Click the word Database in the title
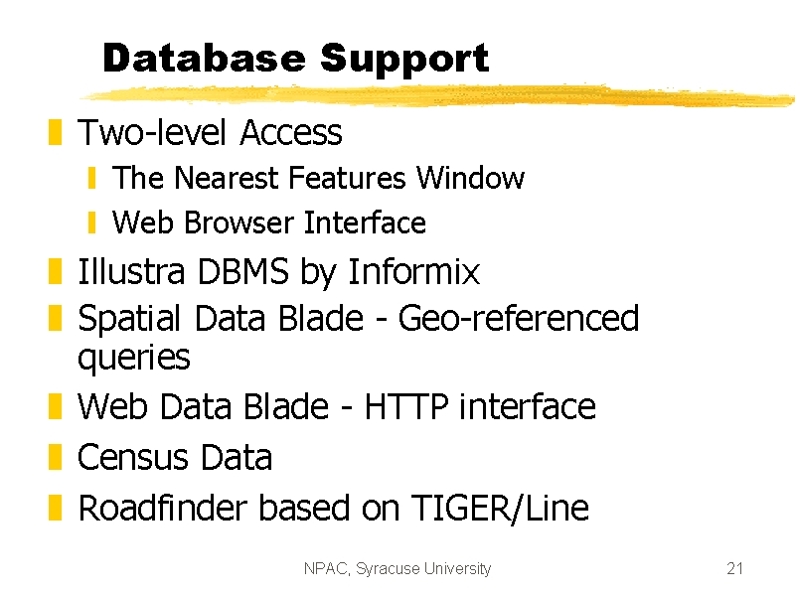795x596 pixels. [205, 58]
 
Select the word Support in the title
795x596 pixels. [404, 60]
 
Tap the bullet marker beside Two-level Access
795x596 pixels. [55, 132]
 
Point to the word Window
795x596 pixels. [470, 178]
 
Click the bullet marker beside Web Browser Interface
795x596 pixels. [91, 223]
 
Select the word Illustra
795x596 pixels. [131, 271]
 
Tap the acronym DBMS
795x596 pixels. [242, 271]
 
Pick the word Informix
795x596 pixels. [413, 271]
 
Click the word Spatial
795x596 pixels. [129, 319]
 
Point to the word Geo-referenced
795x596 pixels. [518, 318]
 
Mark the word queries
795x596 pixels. [134, 359]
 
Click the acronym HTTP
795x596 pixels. [406, 406]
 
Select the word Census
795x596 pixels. [133, 457]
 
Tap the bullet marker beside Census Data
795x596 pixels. [55, 457]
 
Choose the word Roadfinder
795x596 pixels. [163, 508]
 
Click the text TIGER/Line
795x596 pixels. [500, 508]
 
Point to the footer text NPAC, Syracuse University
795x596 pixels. [397, 568]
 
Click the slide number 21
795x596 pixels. [734, 568]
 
